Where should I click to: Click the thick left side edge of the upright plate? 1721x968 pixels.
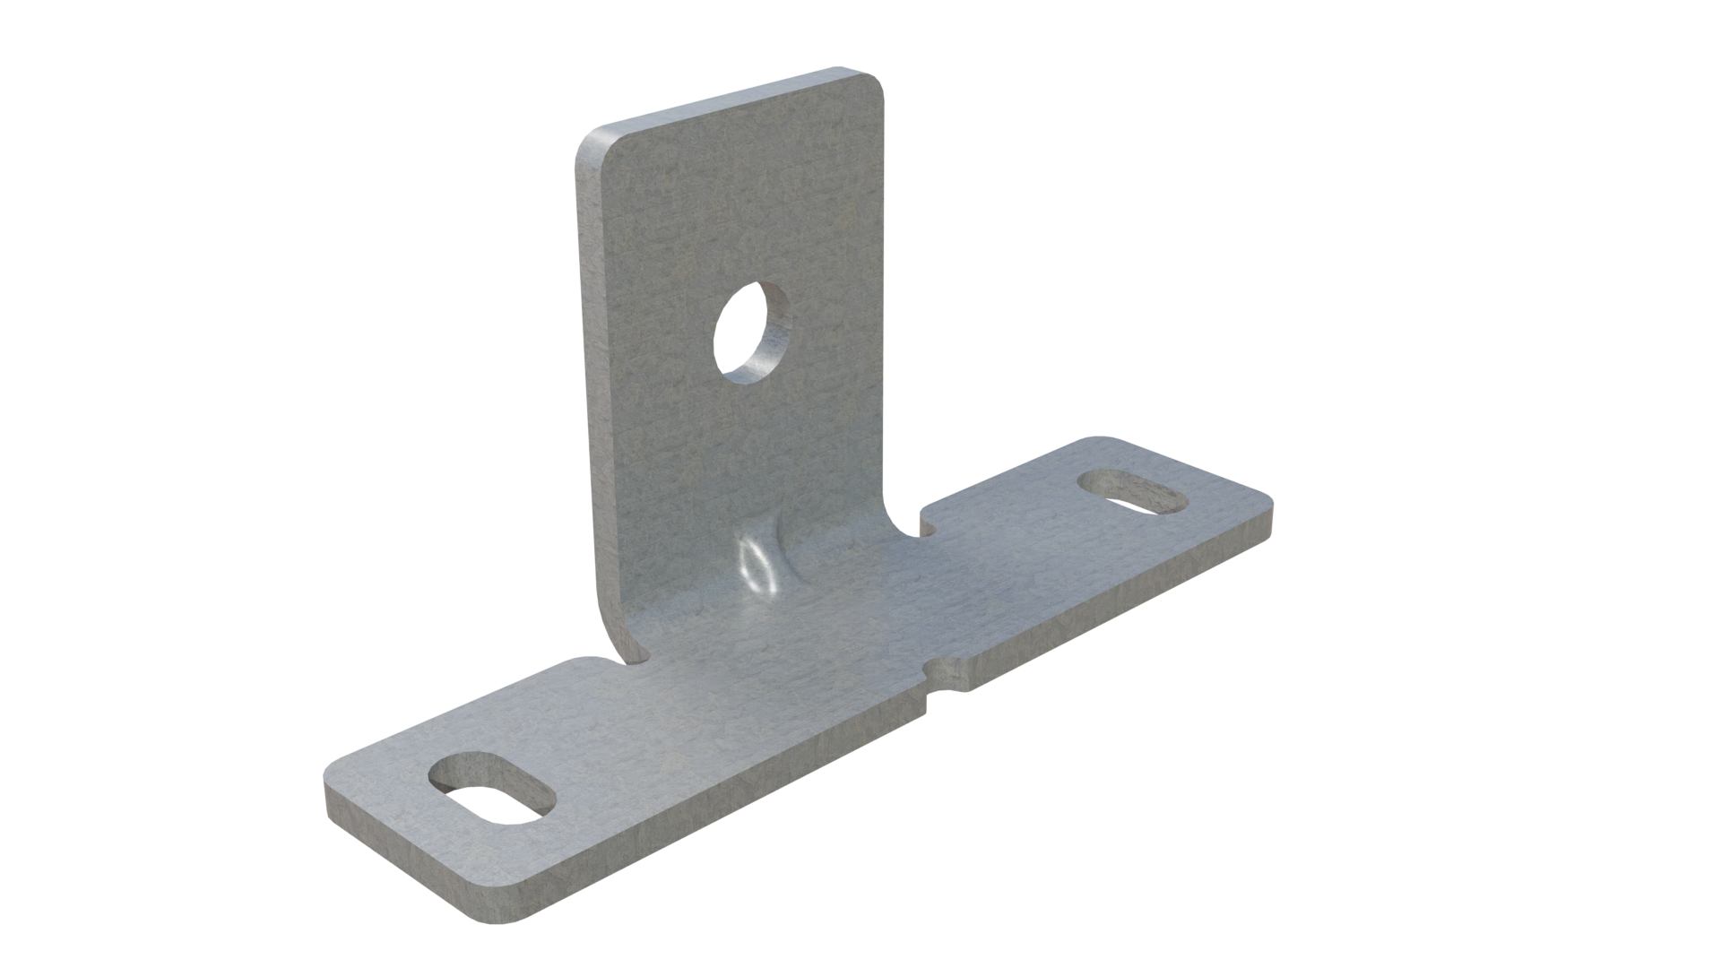click(x=586, y=403)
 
